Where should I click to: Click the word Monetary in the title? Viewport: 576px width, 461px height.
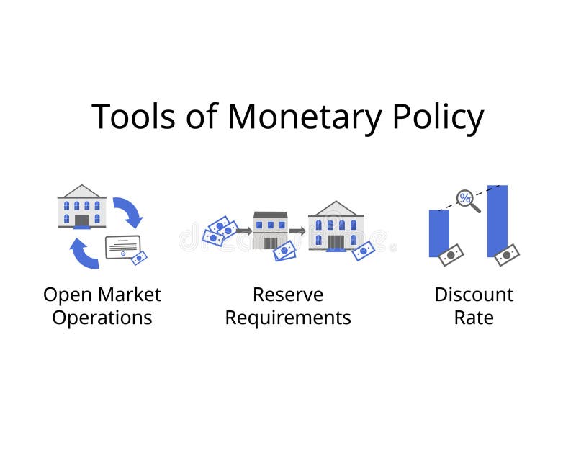302,117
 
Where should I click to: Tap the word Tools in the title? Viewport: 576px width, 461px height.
132,117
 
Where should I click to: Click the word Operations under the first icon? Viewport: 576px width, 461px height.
102,318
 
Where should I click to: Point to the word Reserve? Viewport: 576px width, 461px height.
288,295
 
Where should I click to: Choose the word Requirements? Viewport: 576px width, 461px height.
288,318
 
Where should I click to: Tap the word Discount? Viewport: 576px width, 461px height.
474,295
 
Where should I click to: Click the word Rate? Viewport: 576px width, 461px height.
474,318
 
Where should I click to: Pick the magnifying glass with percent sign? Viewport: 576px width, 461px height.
467,199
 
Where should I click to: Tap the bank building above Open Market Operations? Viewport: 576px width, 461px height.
81,207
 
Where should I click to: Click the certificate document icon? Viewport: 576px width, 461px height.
122,247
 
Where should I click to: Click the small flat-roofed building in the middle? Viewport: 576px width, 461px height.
270,230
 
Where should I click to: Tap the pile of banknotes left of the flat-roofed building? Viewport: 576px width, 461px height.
218,230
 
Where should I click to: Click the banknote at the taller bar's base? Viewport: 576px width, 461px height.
507,255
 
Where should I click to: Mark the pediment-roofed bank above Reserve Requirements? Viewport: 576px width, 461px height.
336,226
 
